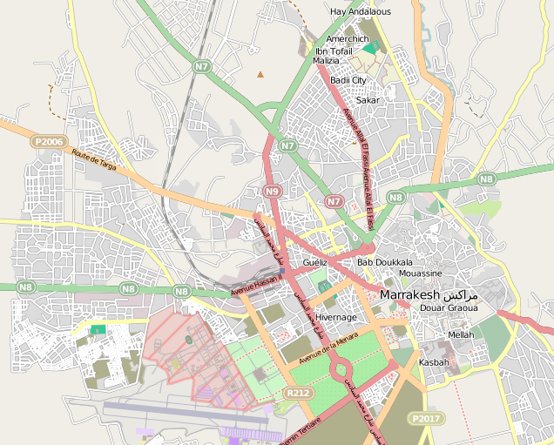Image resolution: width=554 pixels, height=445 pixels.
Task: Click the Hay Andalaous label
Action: (x=360, y=11)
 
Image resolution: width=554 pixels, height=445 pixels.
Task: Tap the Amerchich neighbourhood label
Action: (x=348, y=39)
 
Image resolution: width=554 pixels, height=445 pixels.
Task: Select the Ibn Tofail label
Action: (x=334, y=51)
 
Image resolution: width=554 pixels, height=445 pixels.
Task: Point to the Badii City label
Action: (x=348, y=80)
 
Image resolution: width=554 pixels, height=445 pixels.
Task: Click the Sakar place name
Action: (x=368, y=100)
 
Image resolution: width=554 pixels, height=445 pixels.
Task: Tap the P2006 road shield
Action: (x=49, y=141)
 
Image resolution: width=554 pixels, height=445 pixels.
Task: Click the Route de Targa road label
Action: (x=94, y=159)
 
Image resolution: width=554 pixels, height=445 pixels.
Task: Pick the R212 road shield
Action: (x=297, y=394)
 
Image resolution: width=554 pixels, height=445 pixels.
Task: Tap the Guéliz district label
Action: (x=314, y=262)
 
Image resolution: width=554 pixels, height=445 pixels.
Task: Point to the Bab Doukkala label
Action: (x=384, y=262)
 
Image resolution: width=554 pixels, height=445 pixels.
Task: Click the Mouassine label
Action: (x=419, y=273)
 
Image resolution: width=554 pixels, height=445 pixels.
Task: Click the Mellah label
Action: (x=461, y=334)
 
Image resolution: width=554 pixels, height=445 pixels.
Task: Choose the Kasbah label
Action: (x=434, y=362)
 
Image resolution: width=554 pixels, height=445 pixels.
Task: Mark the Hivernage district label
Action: (x=336, y=318)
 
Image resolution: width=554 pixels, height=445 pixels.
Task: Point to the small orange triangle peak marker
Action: (x=260, y=74)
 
